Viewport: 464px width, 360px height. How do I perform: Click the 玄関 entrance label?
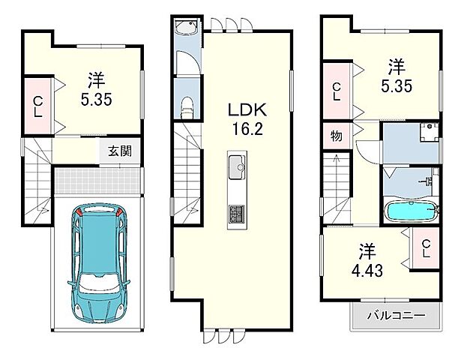119,151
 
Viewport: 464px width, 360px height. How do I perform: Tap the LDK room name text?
247,109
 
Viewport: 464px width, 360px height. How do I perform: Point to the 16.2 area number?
247,129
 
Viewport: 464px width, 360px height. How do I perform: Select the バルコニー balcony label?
397,316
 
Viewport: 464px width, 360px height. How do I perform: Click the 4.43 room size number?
367,270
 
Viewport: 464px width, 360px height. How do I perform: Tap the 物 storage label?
337,136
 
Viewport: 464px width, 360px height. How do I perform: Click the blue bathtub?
411,211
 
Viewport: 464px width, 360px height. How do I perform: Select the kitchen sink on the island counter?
237,167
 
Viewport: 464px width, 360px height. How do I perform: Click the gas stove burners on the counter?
237,214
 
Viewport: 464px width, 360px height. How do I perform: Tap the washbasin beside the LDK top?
187,27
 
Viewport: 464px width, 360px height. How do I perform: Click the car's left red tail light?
79,211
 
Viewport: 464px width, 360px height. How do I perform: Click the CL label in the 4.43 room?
426,248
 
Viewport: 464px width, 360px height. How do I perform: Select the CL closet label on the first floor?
38,107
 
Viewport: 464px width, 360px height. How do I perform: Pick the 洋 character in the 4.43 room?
367,251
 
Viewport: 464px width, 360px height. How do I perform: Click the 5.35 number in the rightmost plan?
397,86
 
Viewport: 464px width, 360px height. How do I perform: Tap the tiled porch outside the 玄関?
97,181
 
